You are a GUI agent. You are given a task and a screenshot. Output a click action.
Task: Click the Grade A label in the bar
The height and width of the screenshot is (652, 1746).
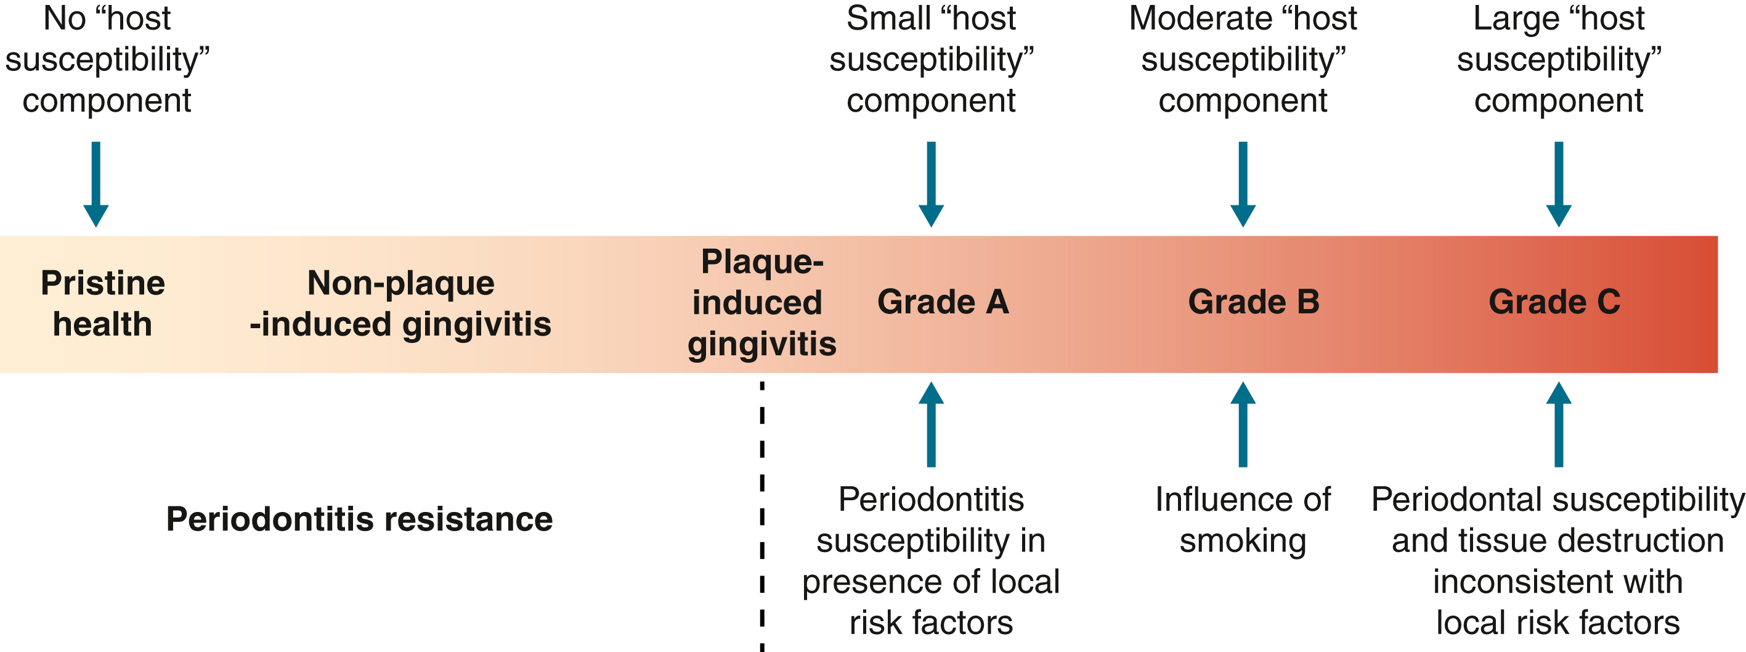[943, 302]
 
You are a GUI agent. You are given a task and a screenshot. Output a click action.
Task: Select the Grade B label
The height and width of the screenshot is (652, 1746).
[1254, 302]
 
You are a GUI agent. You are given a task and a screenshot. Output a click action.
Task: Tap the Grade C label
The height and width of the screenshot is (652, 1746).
[1554, 302]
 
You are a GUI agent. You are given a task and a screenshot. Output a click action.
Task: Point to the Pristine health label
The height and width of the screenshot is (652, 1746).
[102, 303]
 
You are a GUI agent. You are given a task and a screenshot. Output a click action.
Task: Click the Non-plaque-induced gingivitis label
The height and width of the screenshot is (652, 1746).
[400, 303]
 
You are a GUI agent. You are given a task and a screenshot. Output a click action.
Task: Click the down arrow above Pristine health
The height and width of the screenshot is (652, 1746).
[95, 183]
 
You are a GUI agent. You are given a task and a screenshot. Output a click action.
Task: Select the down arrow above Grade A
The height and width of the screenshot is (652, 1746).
[932, 183]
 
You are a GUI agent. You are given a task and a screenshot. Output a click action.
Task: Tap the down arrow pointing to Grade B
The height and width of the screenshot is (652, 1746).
[1243, 183]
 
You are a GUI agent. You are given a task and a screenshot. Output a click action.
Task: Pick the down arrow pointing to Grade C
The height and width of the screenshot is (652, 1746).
[1558, 183]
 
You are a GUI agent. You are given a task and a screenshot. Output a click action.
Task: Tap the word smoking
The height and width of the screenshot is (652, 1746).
[1243, 542]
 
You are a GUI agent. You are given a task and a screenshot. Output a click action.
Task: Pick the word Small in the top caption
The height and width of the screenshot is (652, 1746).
[888, 19]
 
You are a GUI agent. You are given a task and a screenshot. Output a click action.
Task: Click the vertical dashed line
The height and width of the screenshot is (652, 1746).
[762, 516]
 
